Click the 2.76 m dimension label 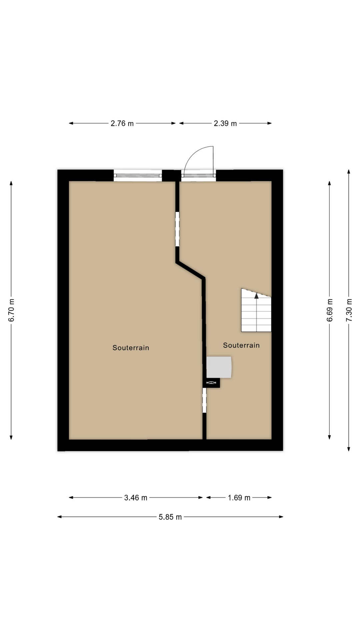tap(122, 123)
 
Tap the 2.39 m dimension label tap(225, 123)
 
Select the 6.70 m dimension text tap(12, 310)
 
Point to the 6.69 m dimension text tap(330, 310)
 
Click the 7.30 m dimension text tap(349, 310)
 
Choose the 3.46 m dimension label tap(136, 498)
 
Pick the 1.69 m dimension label tap(239, 498)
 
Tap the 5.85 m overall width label tap(170, 517)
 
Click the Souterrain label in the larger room tap(131, 348)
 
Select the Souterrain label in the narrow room tap(241, 345)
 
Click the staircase tap(256, 310)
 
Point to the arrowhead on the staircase tap(256, 295)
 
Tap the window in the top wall tap(138, 175)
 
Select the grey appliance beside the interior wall tap(219, 367)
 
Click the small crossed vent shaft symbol tap(211, 383)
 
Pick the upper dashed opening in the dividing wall tap(177, 229)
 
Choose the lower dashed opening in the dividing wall tap(205, 400)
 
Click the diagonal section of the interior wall tap(190, 270)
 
